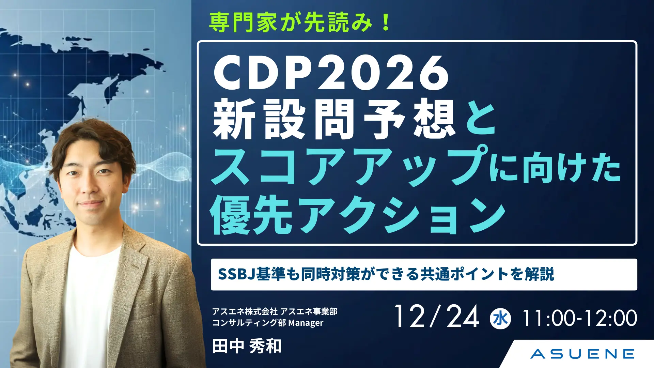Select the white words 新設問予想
pyautogui.click(x=334, y=119)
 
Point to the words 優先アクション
pyautogui.click(x=358, y=215)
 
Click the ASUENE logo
pyautogui.click(x=582, y=354)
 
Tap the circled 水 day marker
pyautogui.click(x=500, y=319)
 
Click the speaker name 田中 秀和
pyautogui.click(x=247, y=346)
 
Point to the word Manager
pyautogui.click(x=306, y=323)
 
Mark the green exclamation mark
pyautogui.click(x=386, y=22)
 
